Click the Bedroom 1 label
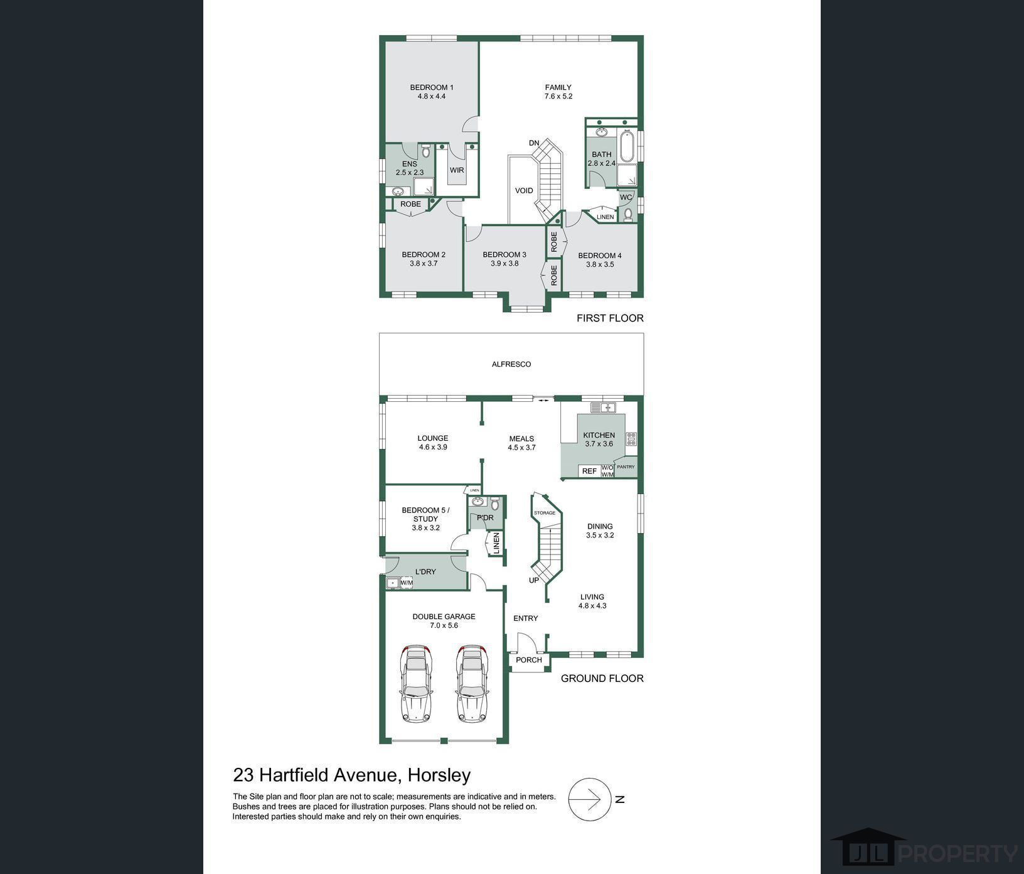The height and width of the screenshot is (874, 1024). click(432, 87)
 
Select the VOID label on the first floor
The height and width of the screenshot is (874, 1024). click(524, 191)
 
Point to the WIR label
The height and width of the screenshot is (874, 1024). click(457, 170)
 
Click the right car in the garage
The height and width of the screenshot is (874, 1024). click(472, 683)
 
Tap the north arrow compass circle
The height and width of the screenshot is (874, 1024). click(590, 799)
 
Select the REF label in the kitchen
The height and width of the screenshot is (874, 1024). click(589, 471)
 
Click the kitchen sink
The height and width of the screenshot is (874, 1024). click(603, 407)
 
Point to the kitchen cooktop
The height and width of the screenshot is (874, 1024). click(631, 439)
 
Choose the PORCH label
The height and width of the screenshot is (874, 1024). click(529, 660)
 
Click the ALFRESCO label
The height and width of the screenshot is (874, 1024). click(511, 364)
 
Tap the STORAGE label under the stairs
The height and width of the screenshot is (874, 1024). click(545, 513)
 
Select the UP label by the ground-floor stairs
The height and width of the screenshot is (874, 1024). click(534, 580)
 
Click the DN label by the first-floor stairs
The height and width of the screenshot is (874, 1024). click(534, 143)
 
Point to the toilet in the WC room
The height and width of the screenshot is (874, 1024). click(628, 215)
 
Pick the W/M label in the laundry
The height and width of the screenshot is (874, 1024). click(407, 583)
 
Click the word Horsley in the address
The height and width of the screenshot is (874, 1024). click(439, 775)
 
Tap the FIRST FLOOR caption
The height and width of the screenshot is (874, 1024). click(610, 318)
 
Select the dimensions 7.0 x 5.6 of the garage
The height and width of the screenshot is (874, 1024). click(444, 625)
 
